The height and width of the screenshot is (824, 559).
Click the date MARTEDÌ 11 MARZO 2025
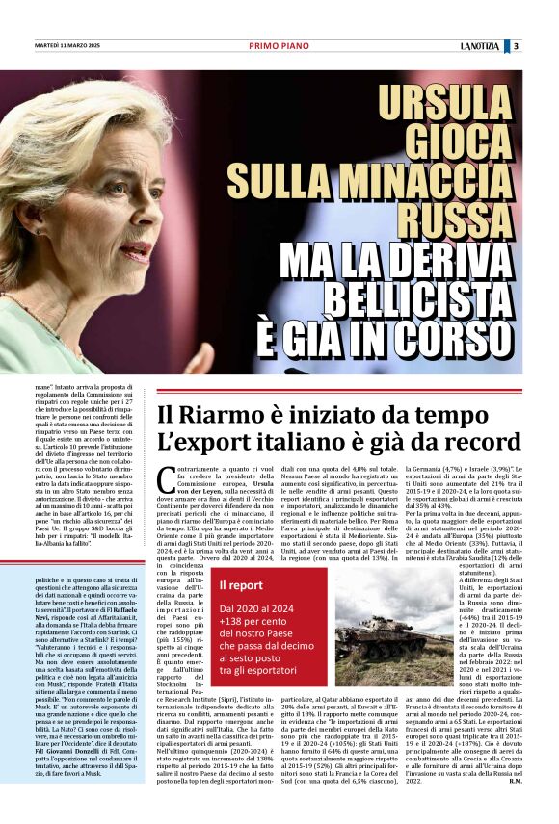coord(67,45)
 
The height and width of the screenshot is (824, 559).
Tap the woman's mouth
coord(136,257)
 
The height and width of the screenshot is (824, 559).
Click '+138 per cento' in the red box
coord(260,623)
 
